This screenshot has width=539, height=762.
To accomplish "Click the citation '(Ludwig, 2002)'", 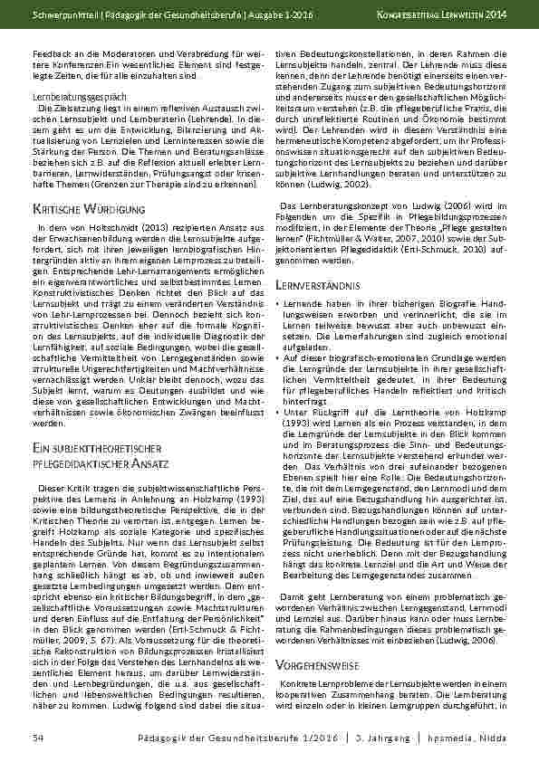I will (x=325, y=208).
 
